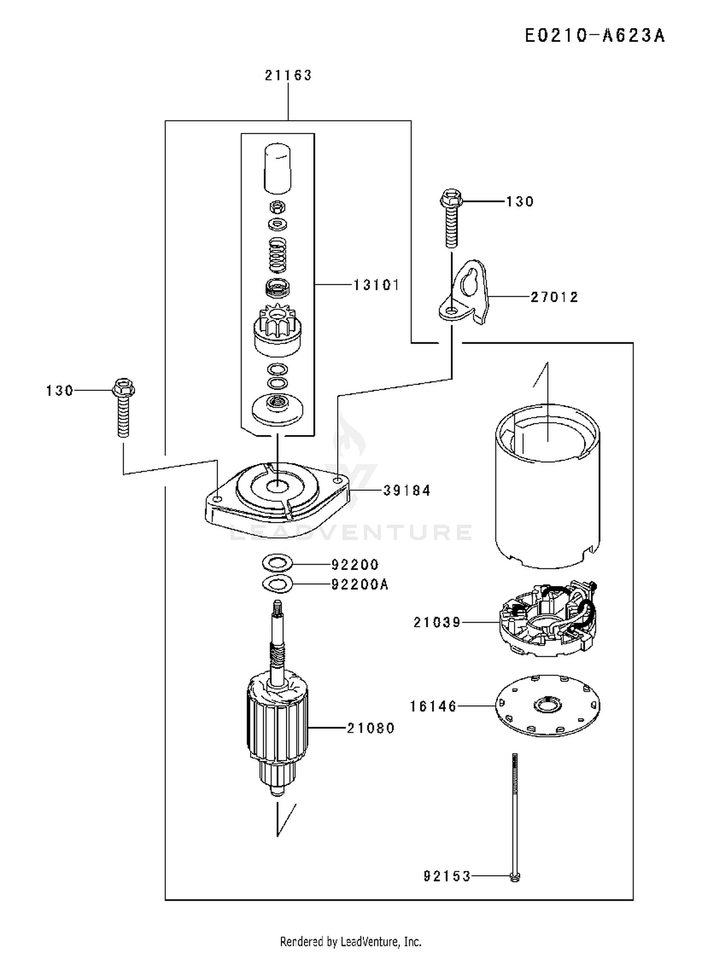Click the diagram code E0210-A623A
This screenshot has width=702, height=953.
click(x=594, y=36)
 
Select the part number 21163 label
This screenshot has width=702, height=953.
click(x=288, y=75)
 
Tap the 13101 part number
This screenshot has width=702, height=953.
click(x=376, y=285)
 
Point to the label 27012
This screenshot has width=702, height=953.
click(x=555, y=297)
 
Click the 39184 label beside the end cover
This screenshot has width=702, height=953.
click(x=407, y=491)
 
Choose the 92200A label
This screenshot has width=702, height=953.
click(x=360, y=585)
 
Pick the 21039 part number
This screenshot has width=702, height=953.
click(x=437, y=622)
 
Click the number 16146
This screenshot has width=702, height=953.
click(x=433, y=706)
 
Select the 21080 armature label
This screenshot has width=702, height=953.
click(x=371, y=728)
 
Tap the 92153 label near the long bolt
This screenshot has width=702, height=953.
click(x=447, y=876)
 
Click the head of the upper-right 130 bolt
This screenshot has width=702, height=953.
click(x=451, y=199)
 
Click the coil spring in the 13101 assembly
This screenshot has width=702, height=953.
click(x=278, y=254)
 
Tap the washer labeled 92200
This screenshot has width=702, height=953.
click(x=278, y=563)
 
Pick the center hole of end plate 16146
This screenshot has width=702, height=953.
click(x=547, y=705)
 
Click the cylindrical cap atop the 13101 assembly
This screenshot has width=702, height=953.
click(x=278, y=168)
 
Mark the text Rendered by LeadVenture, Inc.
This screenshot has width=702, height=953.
click(x=351, y=941)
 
